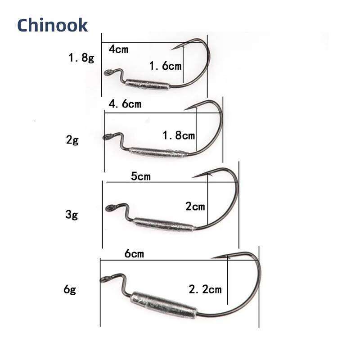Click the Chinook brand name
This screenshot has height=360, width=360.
point(52,25)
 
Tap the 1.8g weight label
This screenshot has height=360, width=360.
point(81,58)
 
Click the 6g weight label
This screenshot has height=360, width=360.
point(70,289)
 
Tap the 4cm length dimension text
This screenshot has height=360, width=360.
point(118,49)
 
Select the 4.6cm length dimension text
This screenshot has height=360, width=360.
point(125,104)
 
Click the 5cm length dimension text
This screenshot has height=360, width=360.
point(140,176)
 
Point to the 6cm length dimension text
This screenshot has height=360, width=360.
point(134,254)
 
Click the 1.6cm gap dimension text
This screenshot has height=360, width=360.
point(165,66)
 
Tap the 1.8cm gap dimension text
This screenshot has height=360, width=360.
point(179,135)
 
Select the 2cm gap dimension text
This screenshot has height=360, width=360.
point(195,207)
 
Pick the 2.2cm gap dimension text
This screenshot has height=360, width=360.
point(205,289)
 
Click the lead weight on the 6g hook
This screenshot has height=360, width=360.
point(164,305)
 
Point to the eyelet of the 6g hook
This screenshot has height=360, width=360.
point(104,279)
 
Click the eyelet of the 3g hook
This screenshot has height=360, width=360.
point(109,207)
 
